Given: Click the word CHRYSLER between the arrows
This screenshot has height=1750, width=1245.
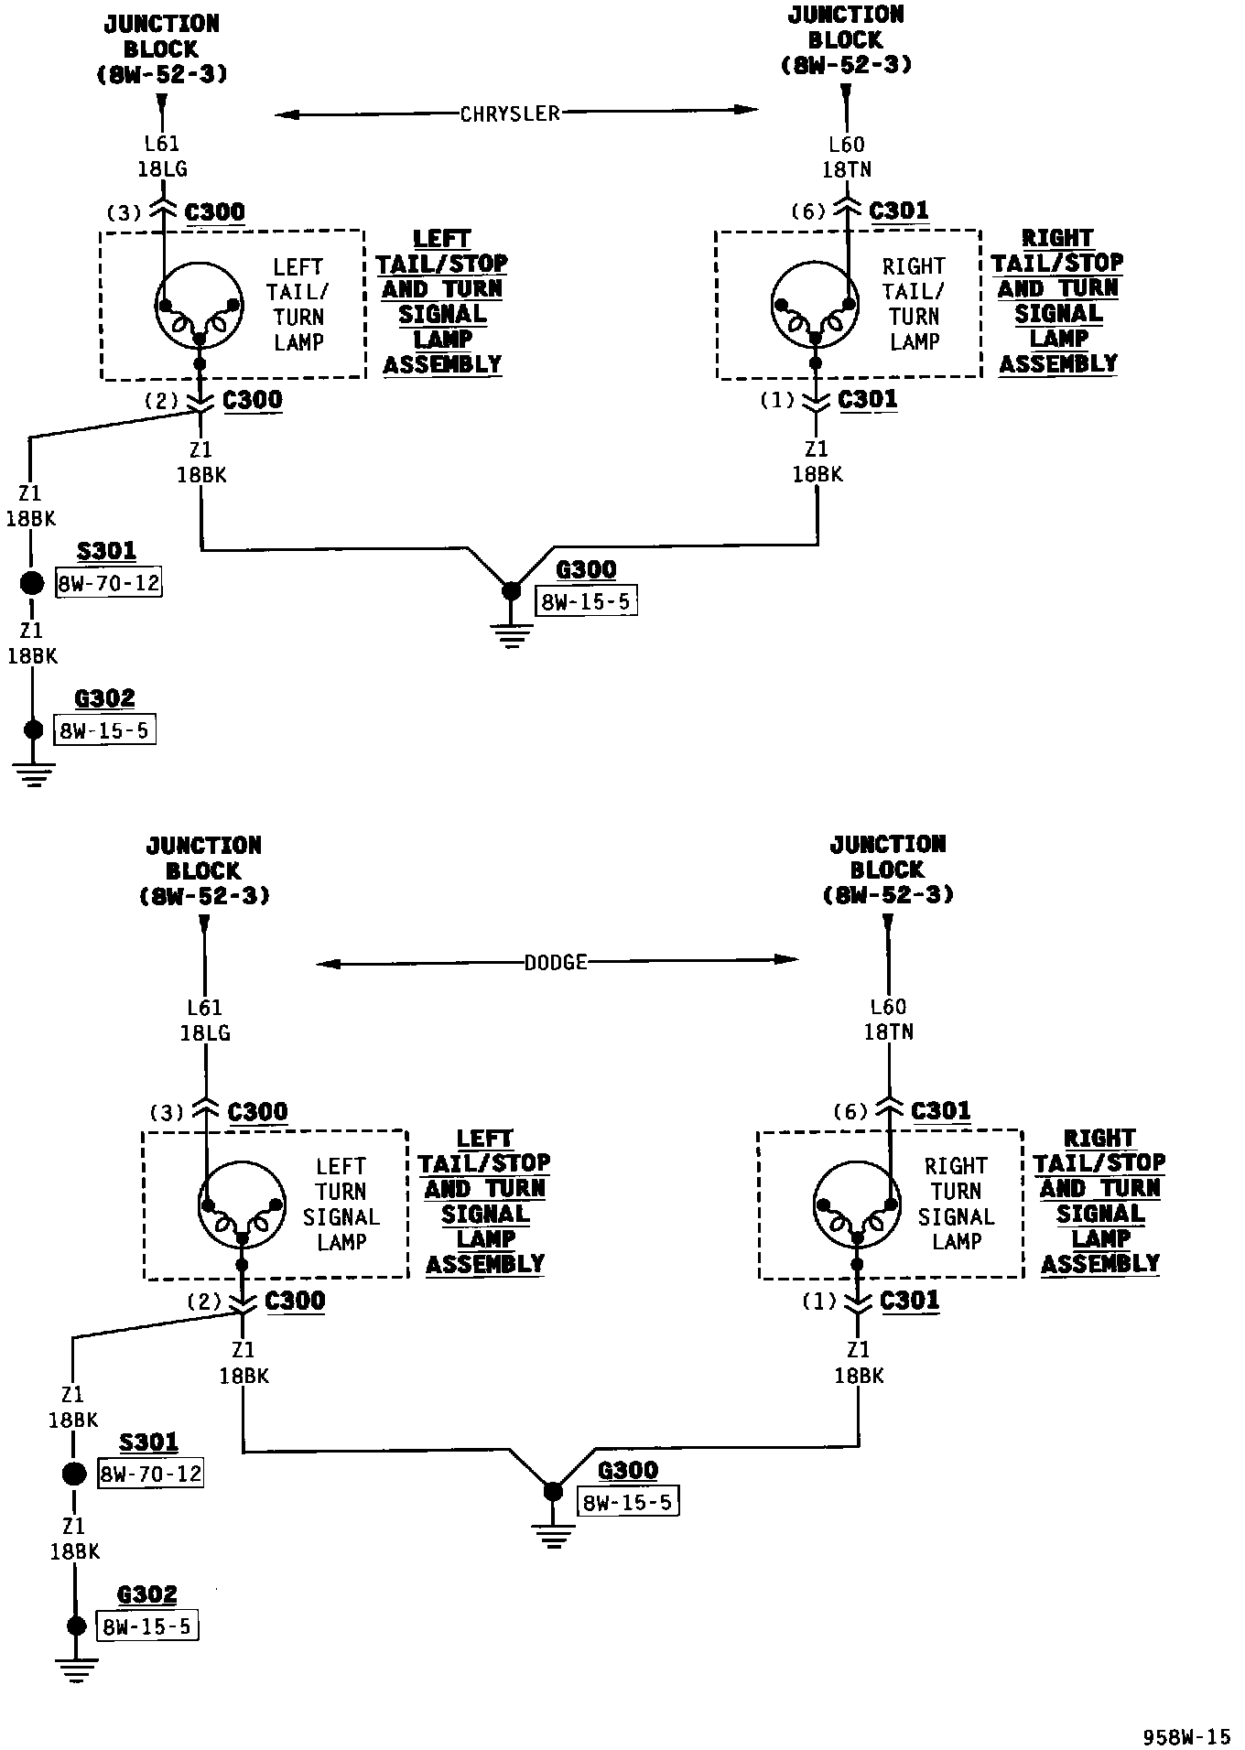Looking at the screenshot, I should click(510, 113).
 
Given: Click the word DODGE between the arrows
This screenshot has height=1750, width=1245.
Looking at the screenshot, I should click(556, 963).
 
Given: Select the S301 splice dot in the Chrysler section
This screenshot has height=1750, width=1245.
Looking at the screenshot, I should click(32, 583).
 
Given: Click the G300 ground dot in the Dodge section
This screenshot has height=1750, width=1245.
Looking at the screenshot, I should click(552, 1491).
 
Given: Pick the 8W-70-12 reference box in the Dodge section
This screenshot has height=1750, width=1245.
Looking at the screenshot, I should click(151, 1475).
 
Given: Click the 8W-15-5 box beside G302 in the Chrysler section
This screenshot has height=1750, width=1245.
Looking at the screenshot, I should click(104, 730).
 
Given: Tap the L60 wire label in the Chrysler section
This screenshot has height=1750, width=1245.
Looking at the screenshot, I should click(846, 145).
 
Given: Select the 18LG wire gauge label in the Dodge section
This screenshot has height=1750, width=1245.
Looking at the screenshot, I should click(205, 1033).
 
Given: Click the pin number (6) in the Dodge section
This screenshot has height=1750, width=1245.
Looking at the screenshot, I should click(850, 1112).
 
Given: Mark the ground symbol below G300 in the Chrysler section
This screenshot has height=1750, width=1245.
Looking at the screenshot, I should click(511, 636).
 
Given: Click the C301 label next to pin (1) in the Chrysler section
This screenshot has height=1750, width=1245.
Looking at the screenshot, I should click(867, 400).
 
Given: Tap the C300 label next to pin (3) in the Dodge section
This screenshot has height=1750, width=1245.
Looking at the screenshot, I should click(257, 1112).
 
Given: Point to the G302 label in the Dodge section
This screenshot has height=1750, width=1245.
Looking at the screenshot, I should click(146, 1595).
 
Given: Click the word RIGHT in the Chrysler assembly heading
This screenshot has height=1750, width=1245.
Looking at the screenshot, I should click(1057, 238).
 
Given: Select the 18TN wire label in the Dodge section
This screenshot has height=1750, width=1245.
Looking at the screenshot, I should click(889, 1032).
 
